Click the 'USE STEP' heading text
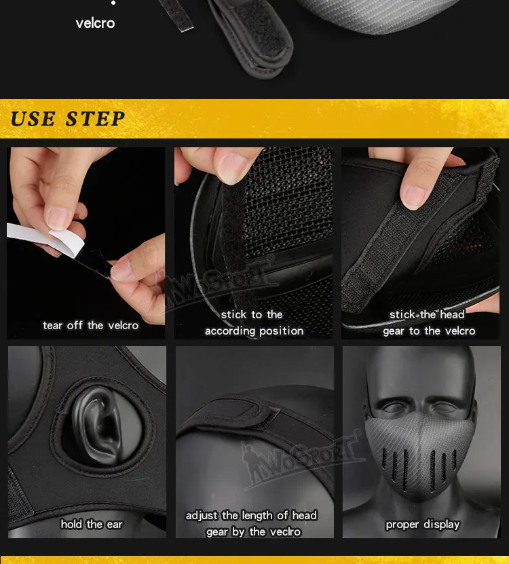click(68, 119)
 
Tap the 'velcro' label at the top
click(95, 23)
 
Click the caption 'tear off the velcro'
click(91, 326)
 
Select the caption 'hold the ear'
click(92, 525)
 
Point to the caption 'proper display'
click(423, 525)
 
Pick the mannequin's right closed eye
click(396, 407)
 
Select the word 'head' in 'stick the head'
click(452, 314)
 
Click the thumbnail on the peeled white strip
click(58, 219)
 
